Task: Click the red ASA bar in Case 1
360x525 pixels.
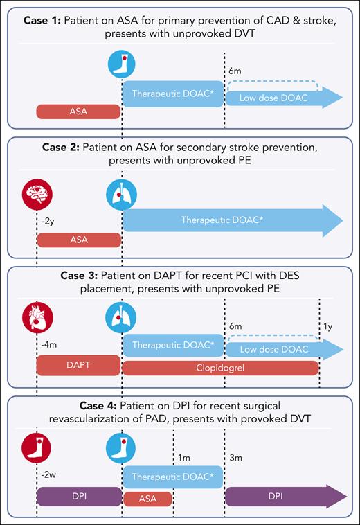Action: (78, 111)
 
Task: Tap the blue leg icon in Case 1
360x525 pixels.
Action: (121, 64)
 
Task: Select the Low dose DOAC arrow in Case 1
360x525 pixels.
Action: (284, 98)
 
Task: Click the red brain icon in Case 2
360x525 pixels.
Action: (37, 194)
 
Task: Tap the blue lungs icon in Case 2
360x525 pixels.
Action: (121, 194)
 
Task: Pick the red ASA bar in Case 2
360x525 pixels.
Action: (78, 240)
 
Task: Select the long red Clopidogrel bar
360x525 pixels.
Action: (220, 368)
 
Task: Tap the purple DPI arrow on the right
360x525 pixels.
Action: (284, 496)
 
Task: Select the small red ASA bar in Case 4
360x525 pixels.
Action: (147, 498)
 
